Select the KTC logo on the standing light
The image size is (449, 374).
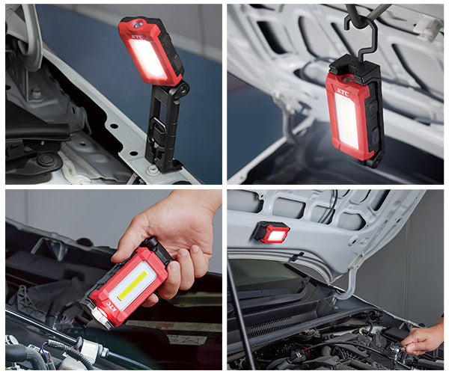point(137,35)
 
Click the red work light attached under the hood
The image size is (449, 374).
point(271,233)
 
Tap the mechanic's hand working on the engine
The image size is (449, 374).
point(422,338)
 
